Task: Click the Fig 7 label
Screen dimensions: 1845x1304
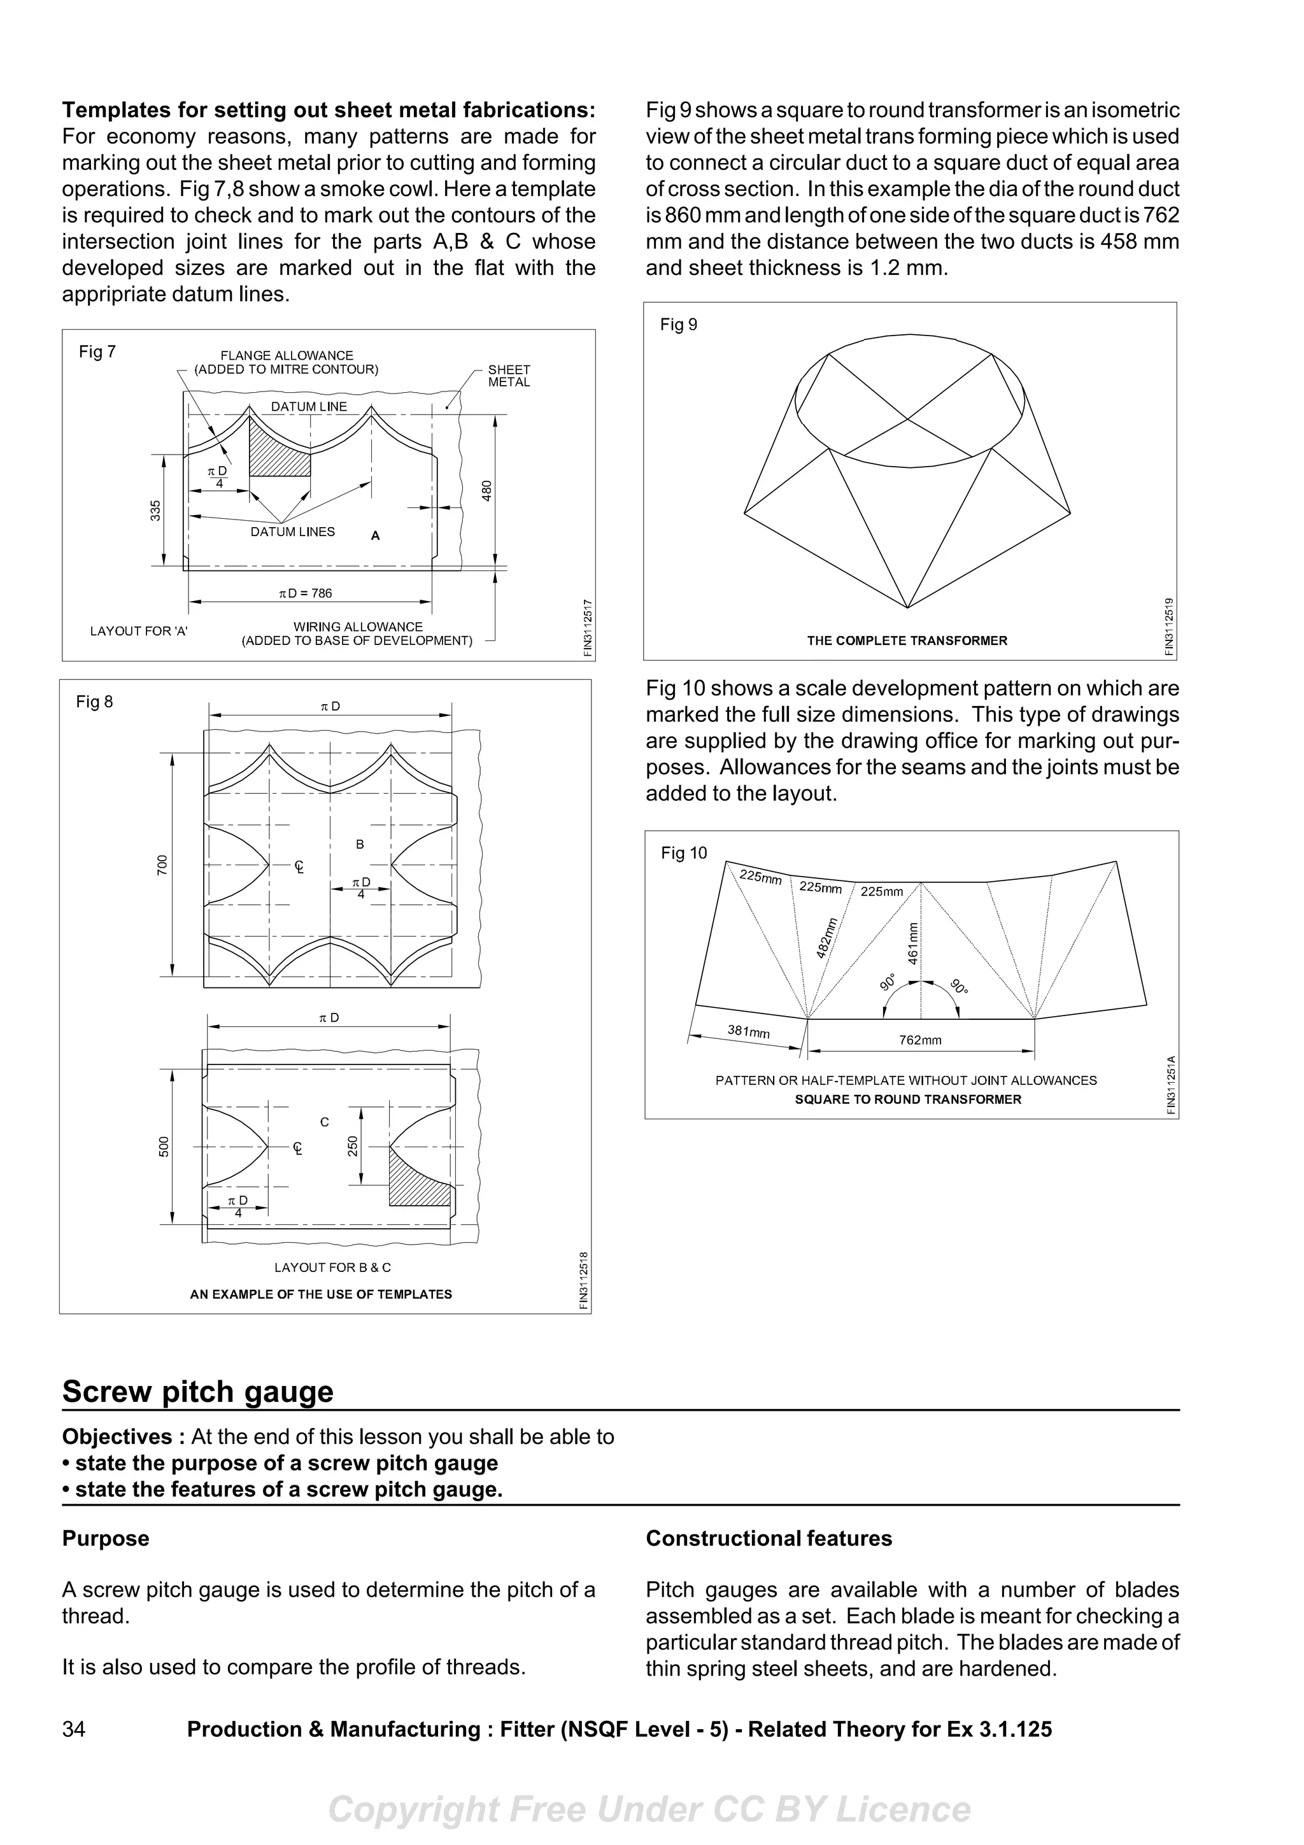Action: [x=97, y=351]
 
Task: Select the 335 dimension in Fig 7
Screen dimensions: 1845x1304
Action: [x=156, y=509]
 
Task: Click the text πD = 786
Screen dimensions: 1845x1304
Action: [x=306, y=593]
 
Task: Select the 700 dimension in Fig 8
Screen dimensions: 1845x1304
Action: [x=163, y=865]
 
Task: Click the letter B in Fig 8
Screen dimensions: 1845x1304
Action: [x=360, y=844]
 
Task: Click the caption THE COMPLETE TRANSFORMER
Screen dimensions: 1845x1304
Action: [x=907, y=640]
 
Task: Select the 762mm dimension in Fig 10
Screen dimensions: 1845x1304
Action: [x=920, y=1040]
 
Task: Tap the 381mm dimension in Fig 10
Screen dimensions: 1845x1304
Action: [x=748, y=1031]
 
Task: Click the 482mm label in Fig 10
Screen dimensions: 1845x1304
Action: [x=826, y=937]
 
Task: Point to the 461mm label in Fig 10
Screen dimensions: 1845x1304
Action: [x=912, y=942]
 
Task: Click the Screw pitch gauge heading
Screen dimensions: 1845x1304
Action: [x=197, y=1391]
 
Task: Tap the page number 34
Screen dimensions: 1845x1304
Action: [x=74, y=1728]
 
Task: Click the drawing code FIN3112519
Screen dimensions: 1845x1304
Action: [x=1169, y=627]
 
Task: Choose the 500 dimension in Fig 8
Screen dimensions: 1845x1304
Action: [x=164, y=1146]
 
